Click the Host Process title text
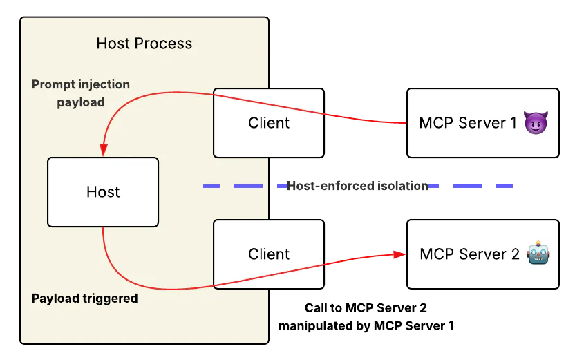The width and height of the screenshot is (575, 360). click(144, 44)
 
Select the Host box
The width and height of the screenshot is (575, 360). click(103, 192)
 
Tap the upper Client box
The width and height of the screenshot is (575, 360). click(269, 123)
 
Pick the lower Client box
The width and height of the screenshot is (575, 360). click(269, 254)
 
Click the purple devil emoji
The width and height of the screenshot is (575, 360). click(536, 123)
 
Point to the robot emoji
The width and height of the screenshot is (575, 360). click(538, 254)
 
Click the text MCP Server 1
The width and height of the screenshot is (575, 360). click(468, 123)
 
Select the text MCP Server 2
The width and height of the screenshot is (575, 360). click(469, 254)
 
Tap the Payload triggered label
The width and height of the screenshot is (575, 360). click(84, 299)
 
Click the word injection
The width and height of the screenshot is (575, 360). click(103, 84)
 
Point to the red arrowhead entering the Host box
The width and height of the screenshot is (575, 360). click(103, 150)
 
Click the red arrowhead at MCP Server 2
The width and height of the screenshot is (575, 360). click(399, 254)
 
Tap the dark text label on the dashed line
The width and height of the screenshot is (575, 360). click(359, 186)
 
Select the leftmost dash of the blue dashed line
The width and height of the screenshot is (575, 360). click(211, 186)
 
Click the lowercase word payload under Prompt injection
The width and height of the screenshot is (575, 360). click(81, 102)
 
